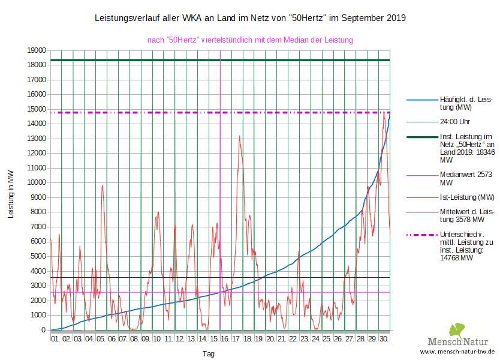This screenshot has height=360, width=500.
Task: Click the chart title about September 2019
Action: point(250,18)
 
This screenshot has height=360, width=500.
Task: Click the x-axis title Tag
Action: point(208,353)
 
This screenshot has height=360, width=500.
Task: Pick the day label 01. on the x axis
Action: point(55,338)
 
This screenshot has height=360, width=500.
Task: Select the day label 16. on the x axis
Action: point(225,338)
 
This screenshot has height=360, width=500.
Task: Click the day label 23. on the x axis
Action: point(304,338)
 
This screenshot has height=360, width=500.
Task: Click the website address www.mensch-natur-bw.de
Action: point(457,352)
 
